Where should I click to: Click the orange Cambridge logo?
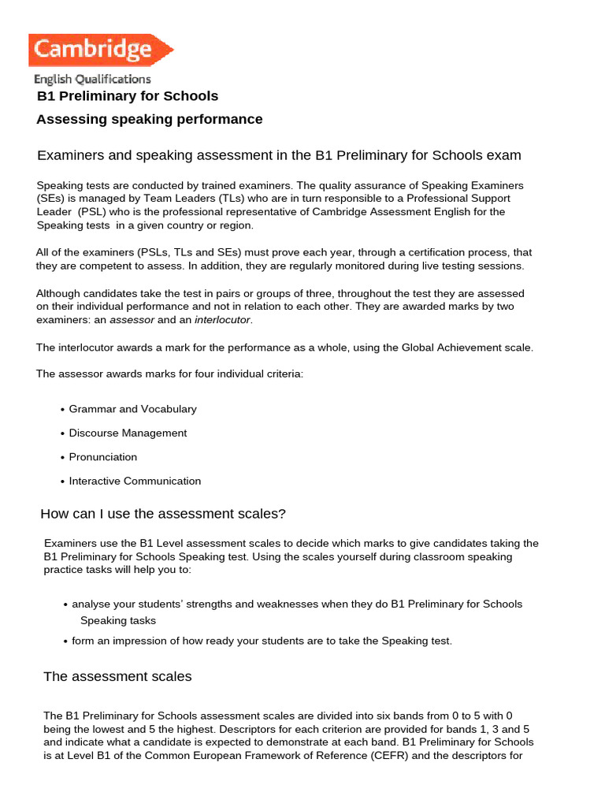tap(100, 50)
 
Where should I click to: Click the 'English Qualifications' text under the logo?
tap(92, 79)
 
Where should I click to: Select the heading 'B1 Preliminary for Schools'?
tap(128, 96)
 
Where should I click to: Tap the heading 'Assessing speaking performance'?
tap(150, 119)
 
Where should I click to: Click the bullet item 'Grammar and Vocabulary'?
tap(132, 409)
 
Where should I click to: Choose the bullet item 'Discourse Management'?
tap(128, 433)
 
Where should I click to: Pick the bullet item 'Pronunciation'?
tap(102, 457)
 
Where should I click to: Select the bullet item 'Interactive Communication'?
tap(135, 481)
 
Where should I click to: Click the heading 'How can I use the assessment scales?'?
tap(163, 514)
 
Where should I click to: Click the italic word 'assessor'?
tap(132, 320)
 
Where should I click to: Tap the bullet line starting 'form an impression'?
tap(262, 641)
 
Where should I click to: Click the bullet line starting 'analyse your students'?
tap(296, 604)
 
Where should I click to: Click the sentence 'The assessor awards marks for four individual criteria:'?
tap(169, 374)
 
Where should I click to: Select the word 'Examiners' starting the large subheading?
tap(68, 155)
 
